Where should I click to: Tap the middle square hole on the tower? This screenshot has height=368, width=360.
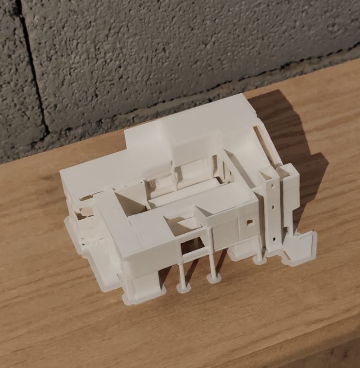pyautogui.click(x=273, y=208)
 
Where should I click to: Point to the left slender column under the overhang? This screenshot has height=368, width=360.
pyautogui.click(x=182, y=272)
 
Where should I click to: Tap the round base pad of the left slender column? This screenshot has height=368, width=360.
pyautogui.click(x=183, y=287)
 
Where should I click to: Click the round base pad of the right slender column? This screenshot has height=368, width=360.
pyautogui.click(x=213, y=279)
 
